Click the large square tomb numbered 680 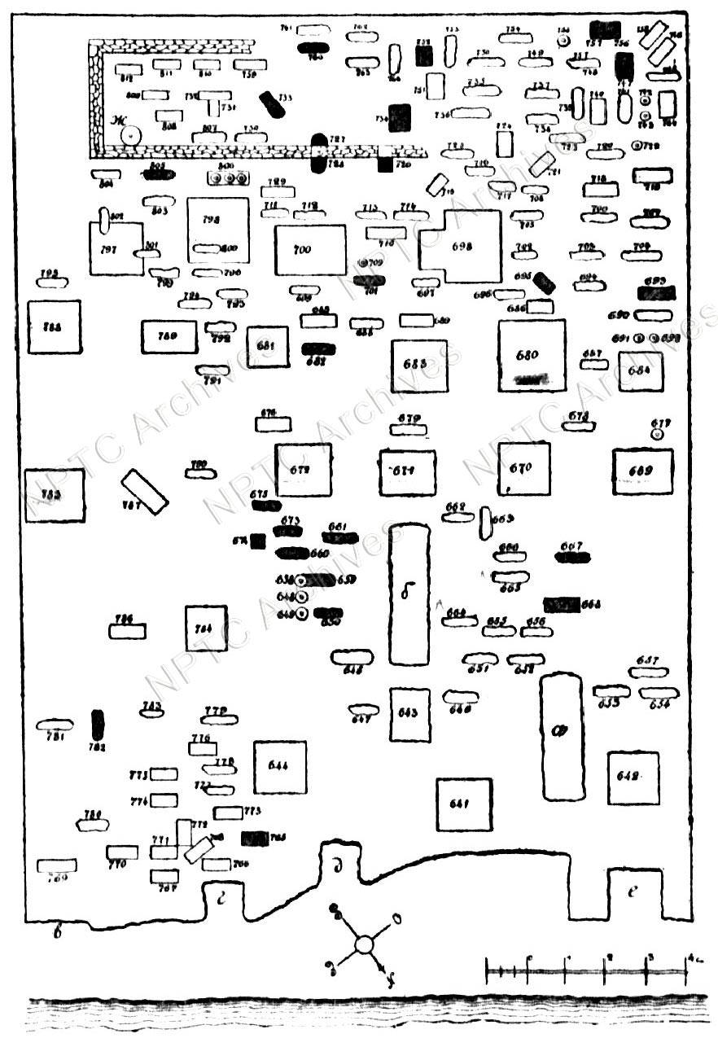[x=532, y=355]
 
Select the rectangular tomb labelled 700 [x=310, y=250]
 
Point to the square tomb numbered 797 [x=116, y=248]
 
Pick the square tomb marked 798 [x=217, y=230]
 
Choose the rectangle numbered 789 [x=169, y=336]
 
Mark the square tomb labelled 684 [x=641, y=371]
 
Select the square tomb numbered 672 [x=303, y=470]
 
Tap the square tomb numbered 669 [x=642, y=471]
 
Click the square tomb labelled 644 [x=279, y=767]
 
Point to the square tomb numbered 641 [x=463, y=804]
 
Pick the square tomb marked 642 [x=633, y=778]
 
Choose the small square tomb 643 [x=409, y=714]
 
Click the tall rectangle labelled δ [x=409, y=594]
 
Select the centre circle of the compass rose [x=364, y=945]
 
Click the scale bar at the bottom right [x=584, y=970]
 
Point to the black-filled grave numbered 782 [x=99, y=725]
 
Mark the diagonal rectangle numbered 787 [x=144, y=491]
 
